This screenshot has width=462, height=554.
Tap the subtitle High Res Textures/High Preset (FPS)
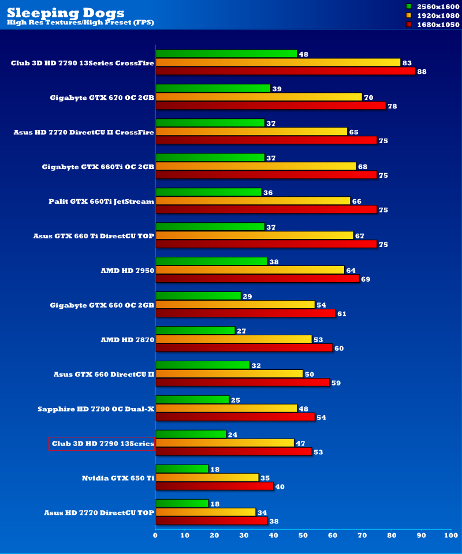click(x=80, y=23)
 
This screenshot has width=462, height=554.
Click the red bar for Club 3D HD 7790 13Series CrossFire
click(x=285, y=71)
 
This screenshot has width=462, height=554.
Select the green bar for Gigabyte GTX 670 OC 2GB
click(x=213, y=88)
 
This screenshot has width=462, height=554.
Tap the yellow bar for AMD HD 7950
click(x=250, y=270)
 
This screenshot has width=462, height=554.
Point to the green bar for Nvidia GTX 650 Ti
click(x=182, y=469)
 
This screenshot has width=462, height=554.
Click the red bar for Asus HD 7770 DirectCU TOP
click(x=212, y=521)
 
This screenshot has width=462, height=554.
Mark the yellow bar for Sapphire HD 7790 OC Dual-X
click(x=226, y=409)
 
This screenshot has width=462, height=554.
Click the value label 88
click(x=422, y=72)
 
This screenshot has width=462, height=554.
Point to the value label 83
click(x=407, y=62)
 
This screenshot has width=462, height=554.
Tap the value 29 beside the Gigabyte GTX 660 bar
click(x=248, y=296)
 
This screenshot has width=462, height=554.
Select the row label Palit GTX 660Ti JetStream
click(x=102, y=201)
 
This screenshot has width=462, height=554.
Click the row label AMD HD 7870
click(x=128, y=340)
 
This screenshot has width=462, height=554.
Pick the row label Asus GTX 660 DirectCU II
click(x=104, y=375)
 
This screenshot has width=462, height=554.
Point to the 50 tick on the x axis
click(x=303, y=536)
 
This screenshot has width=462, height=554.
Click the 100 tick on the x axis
click(x=451, y=536)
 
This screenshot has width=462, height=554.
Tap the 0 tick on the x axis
click(x=155, y=536)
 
